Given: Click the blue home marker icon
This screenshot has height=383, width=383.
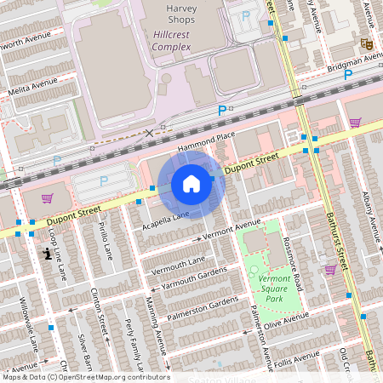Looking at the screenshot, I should tap(191, 184).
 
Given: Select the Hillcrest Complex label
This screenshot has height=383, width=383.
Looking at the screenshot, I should tap(171, 40).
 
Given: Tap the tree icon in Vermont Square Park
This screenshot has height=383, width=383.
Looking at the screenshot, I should tap(253, 270).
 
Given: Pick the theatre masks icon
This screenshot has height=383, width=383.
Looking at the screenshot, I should tap(367, 43).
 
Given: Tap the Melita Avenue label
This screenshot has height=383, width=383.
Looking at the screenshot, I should tap(32, 86).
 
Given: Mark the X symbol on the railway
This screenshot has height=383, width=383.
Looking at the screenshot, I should tap(151, 133).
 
